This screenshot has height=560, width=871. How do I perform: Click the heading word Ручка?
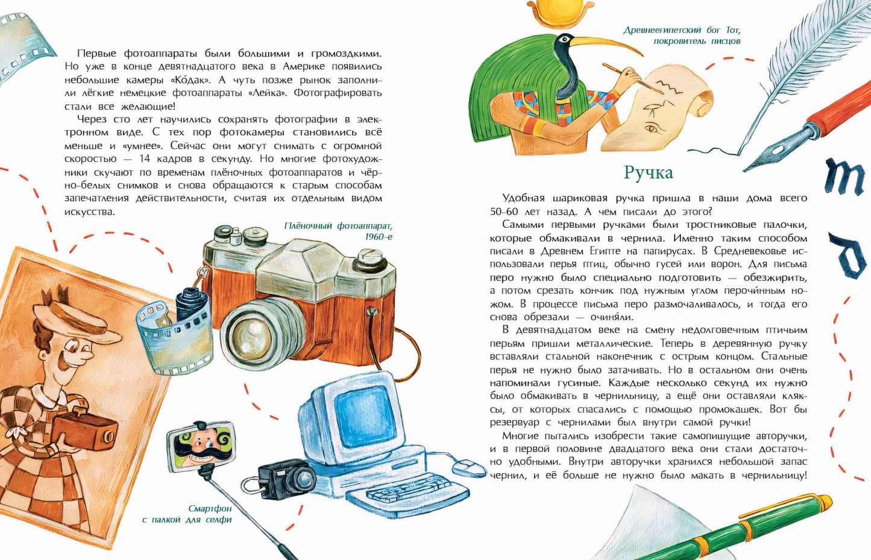(x=648, y=173)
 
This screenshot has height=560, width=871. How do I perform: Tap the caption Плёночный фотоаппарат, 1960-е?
(x=338, y=231)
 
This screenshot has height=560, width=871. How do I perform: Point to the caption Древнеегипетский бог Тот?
(x=681, y=35)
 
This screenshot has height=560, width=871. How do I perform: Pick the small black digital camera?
(x=286, y=478)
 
